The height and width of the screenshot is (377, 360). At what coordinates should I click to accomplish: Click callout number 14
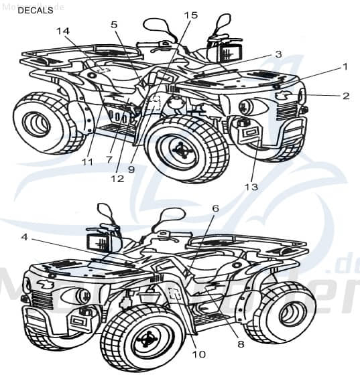pyautogui.click(x=62, y=31)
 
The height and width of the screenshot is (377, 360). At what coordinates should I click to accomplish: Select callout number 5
pyautogui.click(x=114, y=25)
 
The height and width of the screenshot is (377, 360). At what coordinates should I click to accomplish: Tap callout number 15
pyautogui.click(x=190, y=15)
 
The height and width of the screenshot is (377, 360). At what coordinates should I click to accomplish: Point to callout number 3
pyautogui.click(x=278, y=54)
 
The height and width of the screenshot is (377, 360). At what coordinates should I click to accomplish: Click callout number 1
pyautogui.click(x=345, y=66)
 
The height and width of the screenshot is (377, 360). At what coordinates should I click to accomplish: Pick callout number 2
pyautogui.click(x=345, y=96)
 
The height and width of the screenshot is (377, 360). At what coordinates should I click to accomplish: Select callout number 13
pyautogui.click(x=251, y=187)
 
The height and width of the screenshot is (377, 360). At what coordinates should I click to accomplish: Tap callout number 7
pyautogui.click(x=109, y=160)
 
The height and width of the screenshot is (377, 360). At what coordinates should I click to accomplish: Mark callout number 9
pyautogui.click(x=131, y=169)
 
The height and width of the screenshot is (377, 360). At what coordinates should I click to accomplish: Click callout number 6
pyautogui.click(x=215, y=209)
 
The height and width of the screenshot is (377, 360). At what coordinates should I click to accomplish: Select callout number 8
pyautogui.click(x=240, y=345)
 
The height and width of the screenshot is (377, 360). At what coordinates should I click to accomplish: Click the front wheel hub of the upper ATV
pyautogui.click(x=180, y=149)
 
